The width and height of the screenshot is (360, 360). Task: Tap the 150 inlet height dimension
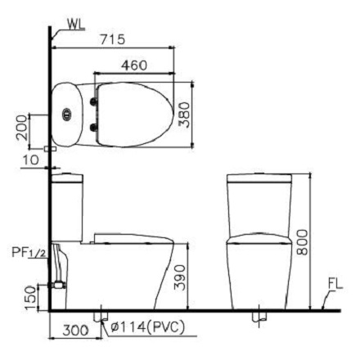(x=29, y=294)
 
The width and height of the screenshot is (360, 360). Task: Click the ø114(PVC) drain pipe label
(x=147, y=329)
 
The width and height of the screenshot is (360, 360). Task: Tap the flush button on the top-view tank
(x=66, y=115)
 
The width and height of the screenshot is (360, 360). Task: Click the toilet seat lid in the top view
(x=135, y=115)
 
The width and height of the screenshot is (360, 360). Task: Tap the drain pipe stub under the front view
(x=259, y=315)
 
